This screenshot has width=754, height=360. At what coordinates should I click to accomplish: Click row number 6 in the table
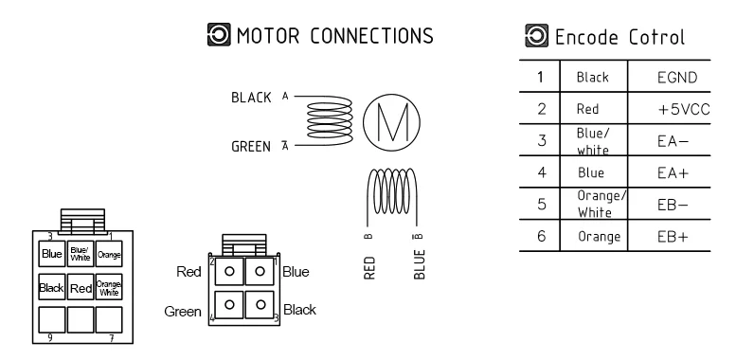click(542, 237)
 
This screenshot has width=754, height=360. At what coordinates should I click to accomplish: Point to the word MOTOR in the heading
click(268, 36)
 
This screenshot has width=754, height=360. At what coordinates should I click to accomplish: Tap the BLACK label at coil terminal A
click(251, 98)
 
